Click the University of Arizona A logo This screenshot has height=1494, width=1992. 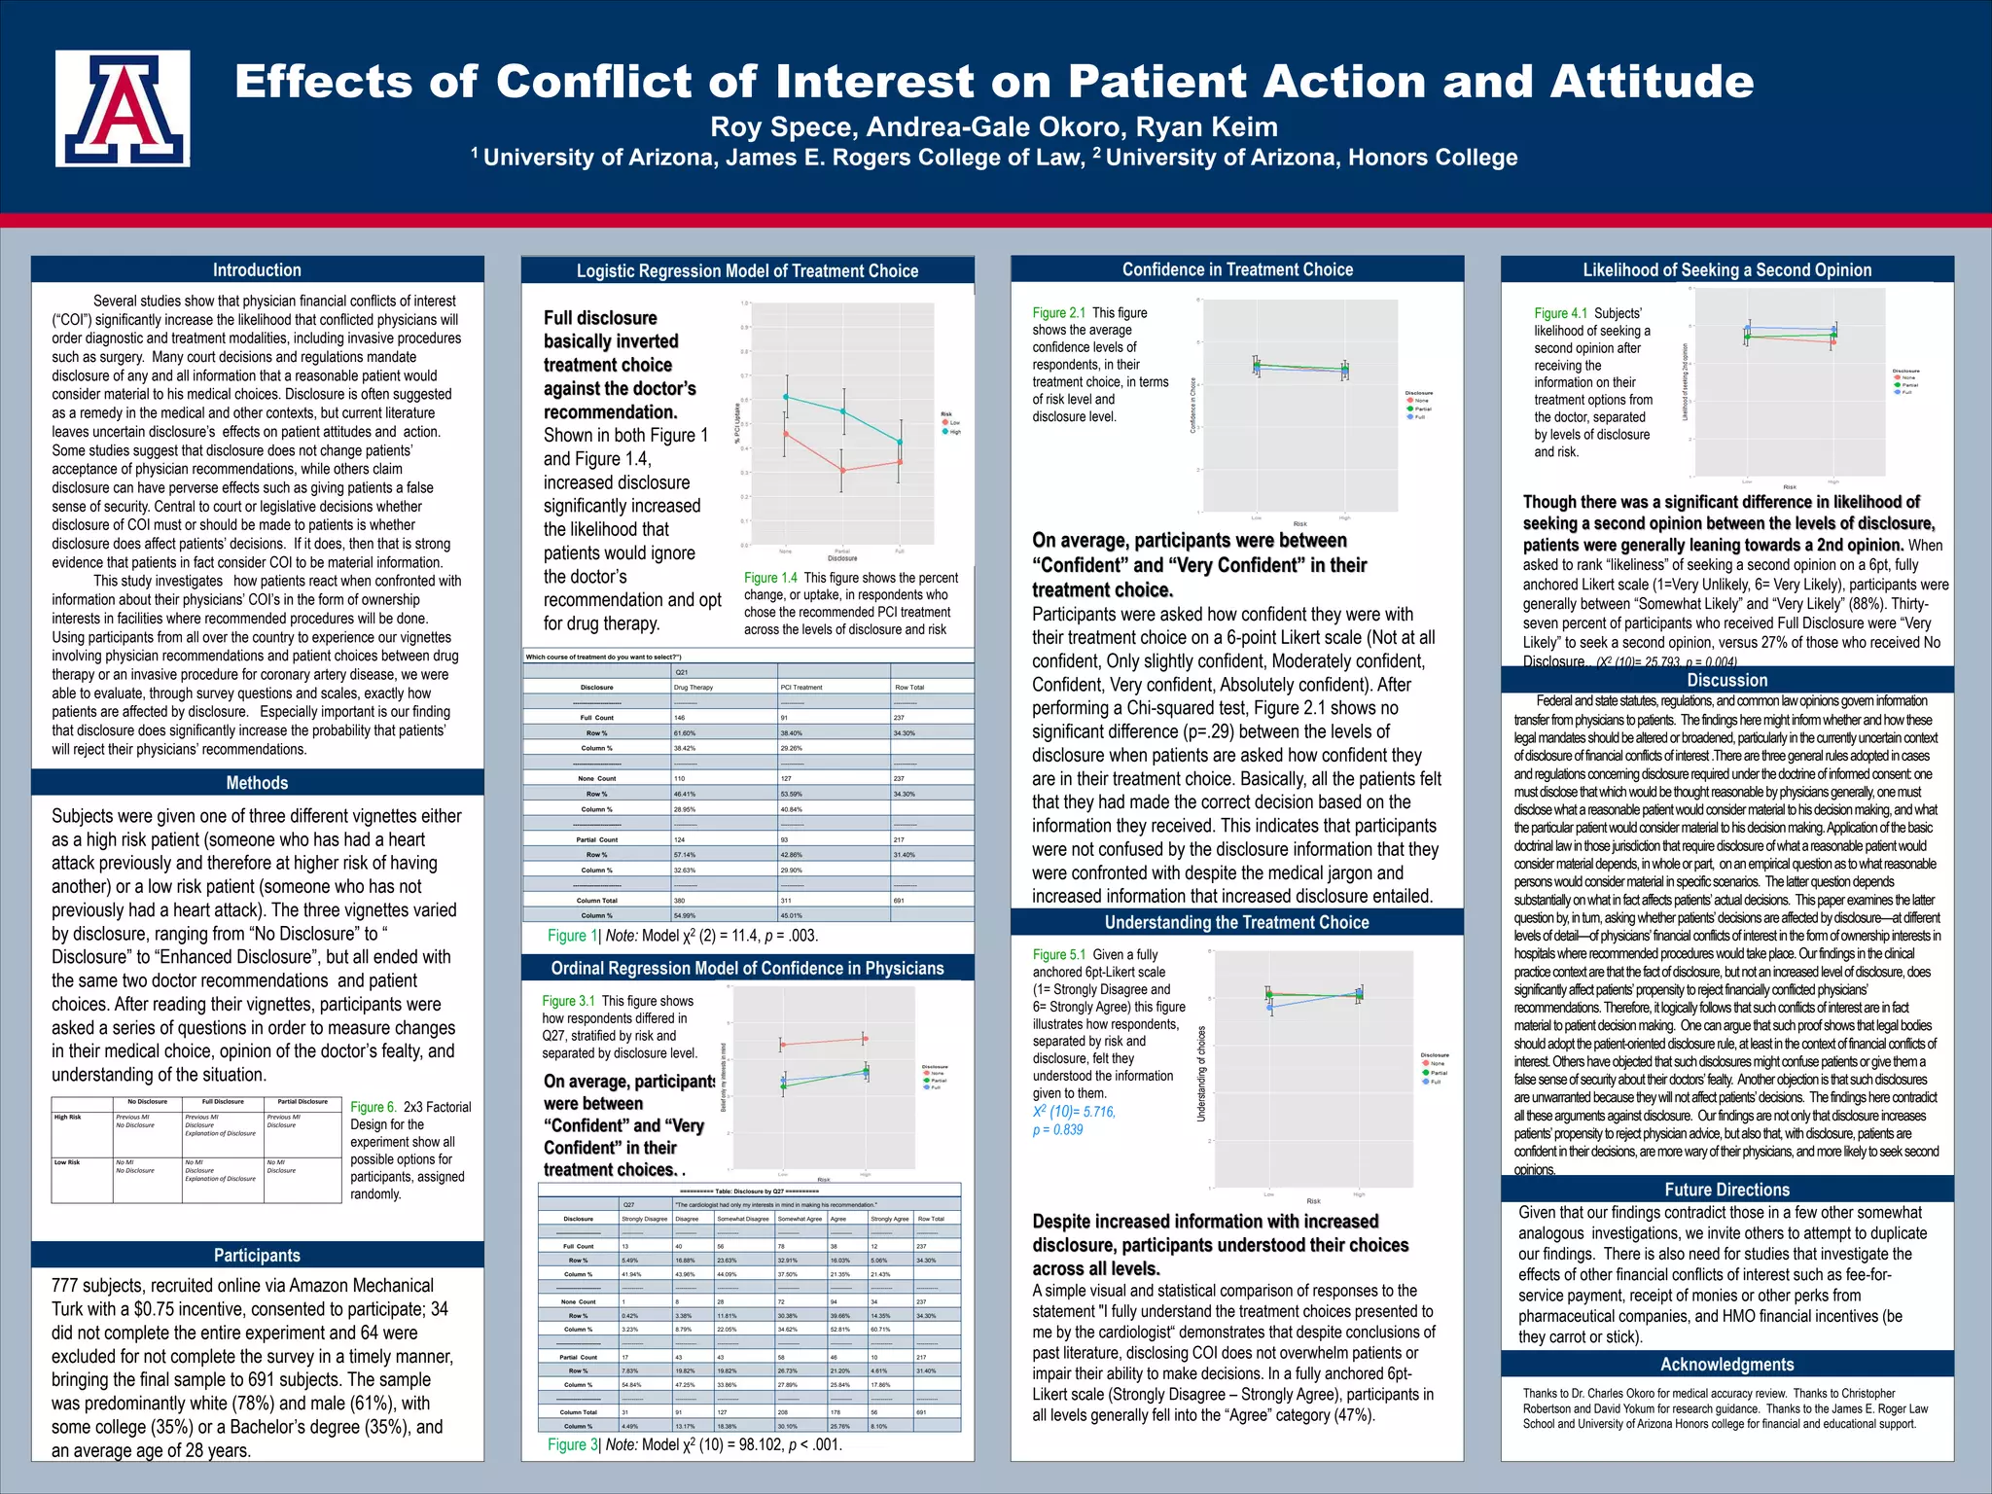click(x=123, y=109)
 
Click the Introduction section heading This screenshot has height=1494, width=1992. click(x=257, y=270)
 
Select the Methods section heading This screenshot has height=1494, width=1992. click(x=257, y=783)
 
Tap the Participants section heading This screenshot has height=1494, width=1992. click(x=257, y=1256)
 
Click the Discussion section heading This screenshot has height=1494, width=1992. click(x=1726, y=681)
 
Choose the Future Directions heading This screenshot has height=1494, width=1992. click(x=1726, y=1190)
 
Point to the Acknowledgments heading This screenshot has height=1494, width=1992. click(x=1726, y=1365)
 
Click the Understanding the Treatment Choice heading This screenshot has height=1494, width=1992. click(x=1236, y=922)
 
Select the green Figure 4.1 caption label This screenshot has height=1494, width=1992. click(x=1560, y=313)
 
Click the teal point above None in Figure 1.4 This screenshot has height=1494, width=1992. click(x=786, y=397)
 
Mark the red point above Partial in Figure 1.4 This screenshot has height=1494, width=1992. click(x=843, y=470)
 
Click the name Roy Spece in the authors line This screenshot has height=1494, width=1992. click(x=781, y=127)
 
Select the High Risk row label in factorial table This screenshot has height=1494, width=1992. click(x=68, y=1118)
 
